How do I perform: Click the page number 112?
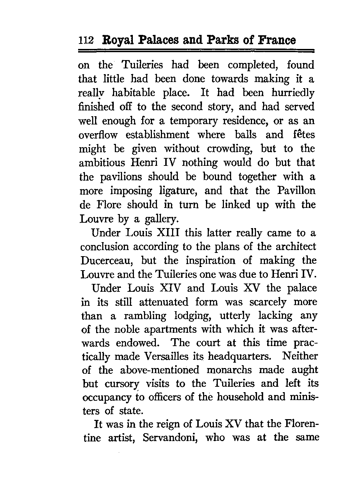tap(86, 40)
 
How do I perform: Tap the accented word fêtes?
tap(302, 135)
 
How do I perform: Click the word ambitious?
tap(102, 163)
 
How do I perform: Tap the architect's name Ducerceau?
tap(108, 261)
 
